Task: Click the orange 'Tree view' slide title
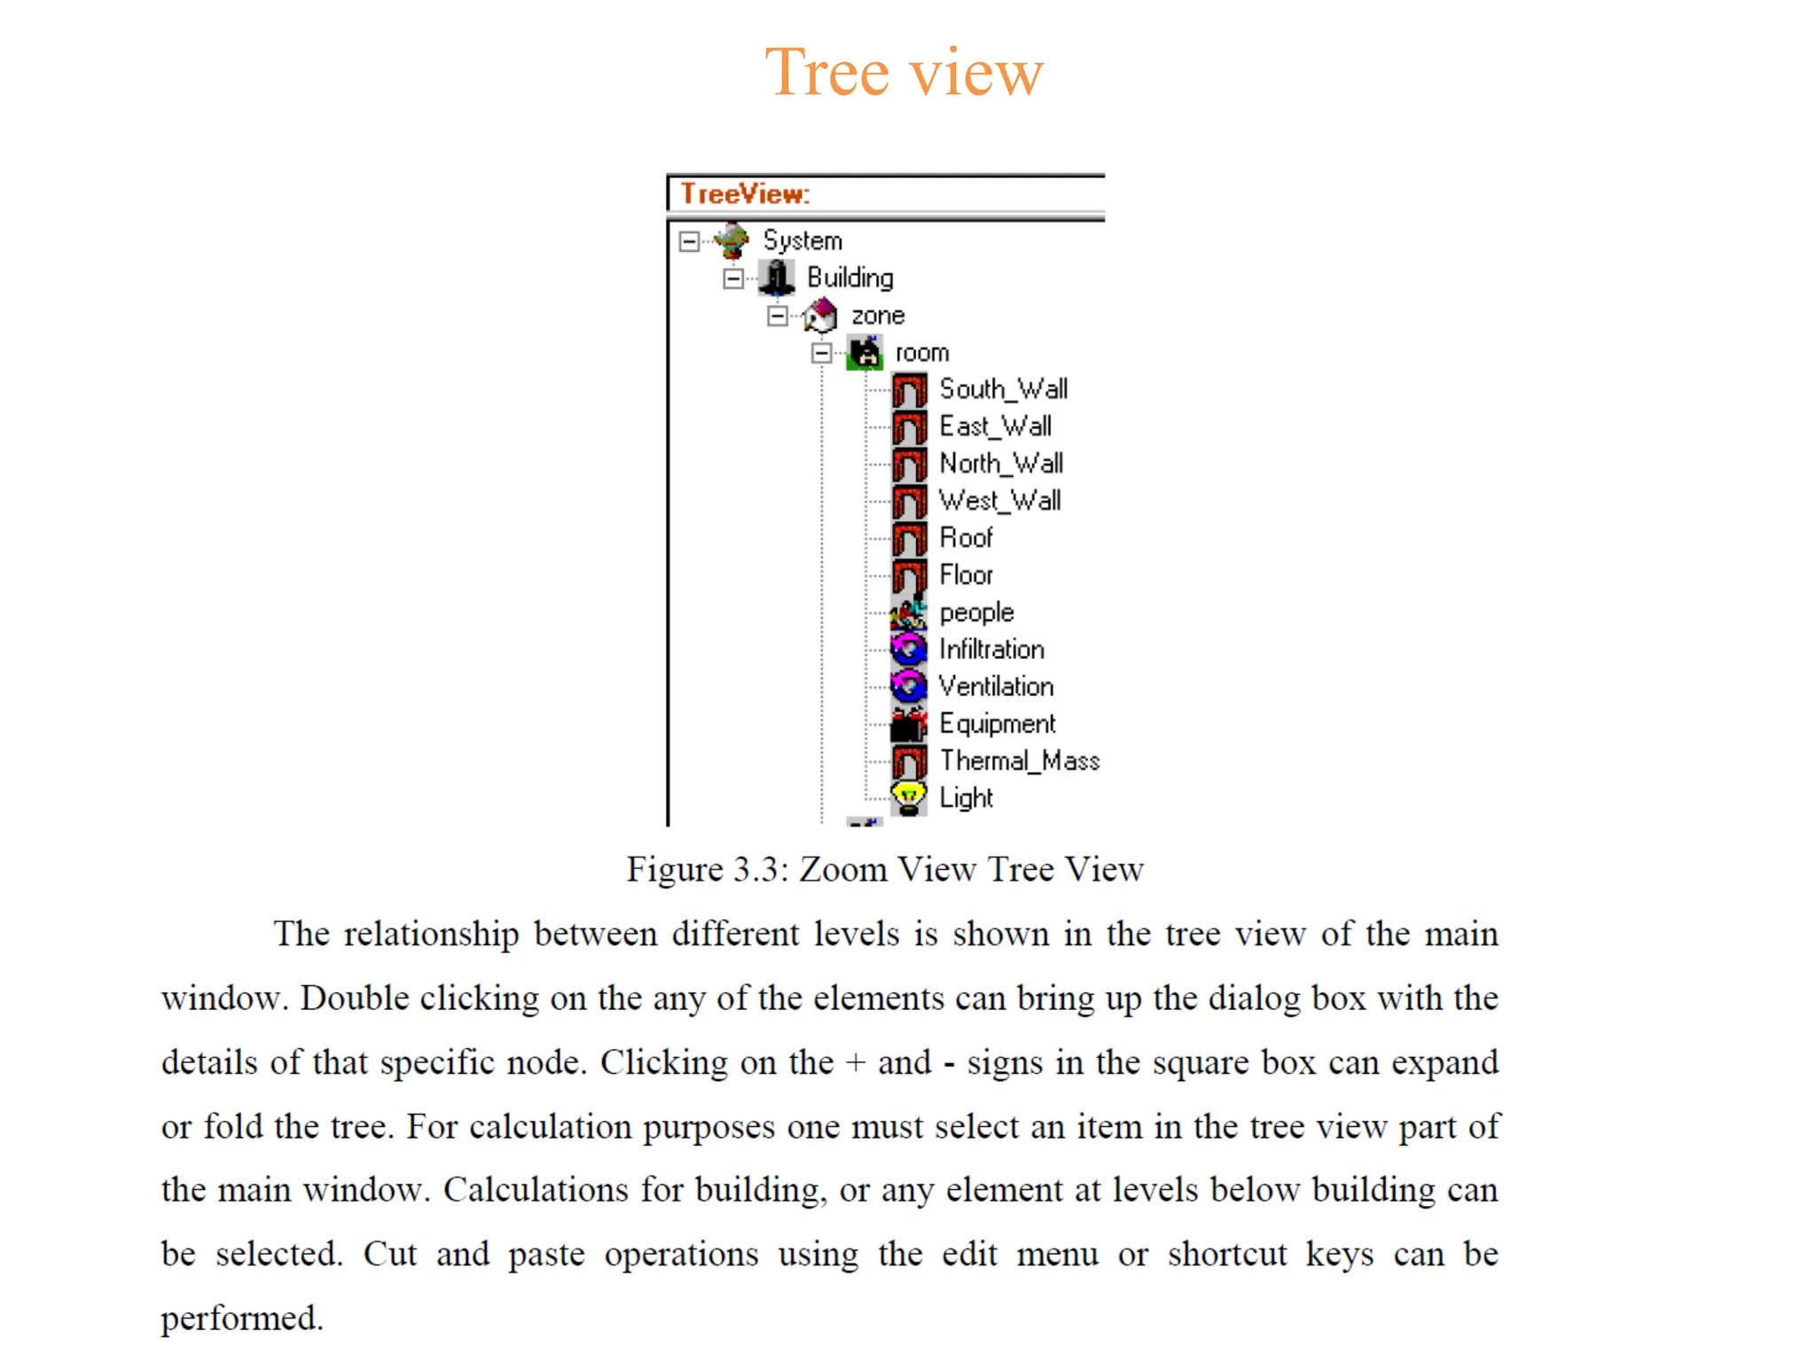pos(904,73)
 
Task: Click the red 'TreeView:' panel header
pos(745,193)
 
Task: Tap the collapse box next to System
pos(689,241)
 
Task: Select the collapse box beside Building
pos(733,278)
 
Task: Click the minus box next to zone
pos(778,316)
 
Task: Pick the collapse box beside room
pos(822,353)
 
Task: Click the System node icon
pos(732,240)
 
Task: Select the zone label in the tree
pos(878,316)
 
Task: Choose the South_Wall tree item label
pos(1003,389)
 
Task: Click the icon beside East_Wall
pos(910,427)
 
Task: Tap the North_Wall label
pos(1001,464)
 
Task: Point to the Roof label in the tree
pos(966,538)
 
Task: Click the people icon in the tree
pos(909,613)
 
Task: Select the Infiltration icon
pos(909,650)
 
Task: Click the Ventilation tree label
pos(996,687)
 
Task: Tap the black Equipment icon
pos(909,724)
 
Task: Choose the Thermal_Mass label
pos(1020,762)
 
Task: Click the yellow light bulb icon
pos(909,798)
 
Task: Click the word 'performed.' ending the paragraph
pos(241,1319)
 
